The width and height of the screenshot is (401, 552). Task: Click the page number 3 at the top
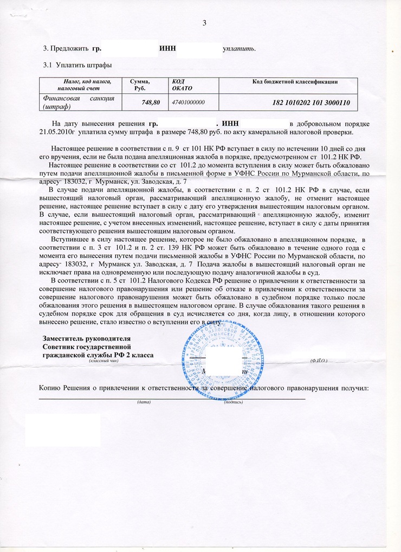pyautogui.click(x=204, y=23)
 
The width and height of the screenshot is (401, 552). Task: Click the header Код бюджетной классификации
pyautogui.click(x=295, y=82)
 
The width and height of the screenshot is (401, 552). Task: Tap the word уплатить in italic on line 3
pyautogui.click(x=239, y=49)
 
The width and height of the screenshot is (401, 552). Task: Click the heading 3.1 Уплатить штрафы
pyautogui.click(x=77, y=66)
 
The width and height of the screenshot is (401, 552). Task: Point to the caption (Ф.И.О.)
pyautogui.click(x=319, y=360)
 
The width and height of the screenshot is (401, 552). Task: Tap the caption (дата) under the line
pyautogui.click(x=144, y=402)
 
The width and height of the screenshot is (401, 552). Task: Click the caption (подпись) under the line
pyautogui.click(x=233, y=402)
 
